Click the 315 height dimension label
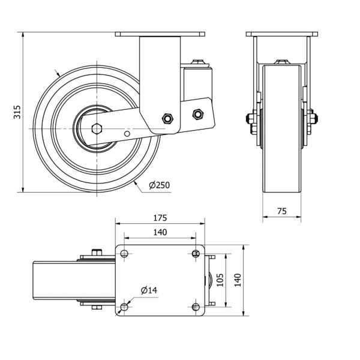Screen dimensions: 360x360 17,112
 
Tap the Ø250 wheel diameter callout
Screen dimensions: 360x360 160,185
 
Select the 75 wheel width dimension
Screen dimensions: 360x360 282,211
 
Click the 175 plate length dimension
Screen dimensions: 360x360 160,218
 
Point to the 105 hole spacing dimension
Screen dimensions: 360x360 220,280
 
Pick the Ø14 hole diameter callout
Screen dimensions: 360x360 149,290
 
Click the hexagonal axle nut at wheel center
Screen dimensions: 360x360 97,128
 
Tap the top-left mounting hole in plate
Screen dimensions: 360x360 124,253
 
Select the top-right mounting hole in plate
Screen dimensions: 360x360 196,253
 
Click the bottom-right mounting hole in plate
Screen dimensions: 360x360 196,307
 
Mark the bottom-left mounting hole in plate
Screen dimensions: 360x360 124,307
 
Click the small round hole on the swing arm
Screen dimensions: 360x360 127,134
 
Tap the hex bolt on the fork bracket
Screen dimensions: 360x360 167,118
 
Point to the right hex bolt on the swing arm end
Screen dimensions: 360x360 197,114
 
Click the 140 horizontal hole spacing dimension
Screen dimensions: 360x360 160,232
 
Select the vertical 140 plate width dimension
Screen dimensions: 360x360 238,280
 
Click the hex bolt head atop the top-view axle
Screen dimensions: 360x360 97,253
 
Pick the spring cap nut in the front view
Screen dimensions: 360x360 197,62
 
